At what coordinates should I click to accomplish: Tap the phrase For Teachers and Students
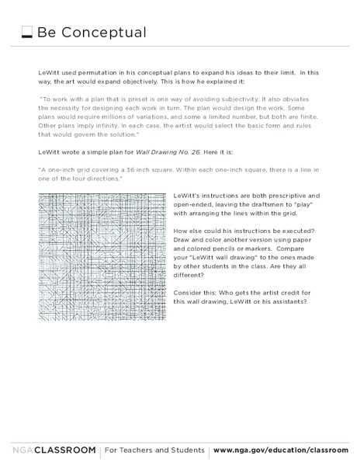155,450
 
